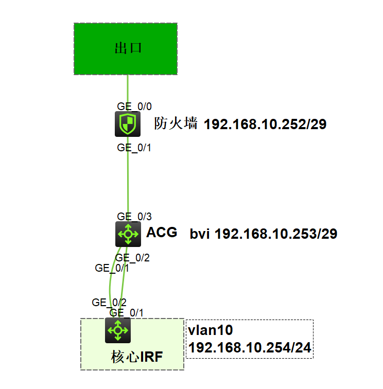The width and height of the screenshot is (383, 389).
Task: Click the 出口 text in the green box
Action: [127, 49]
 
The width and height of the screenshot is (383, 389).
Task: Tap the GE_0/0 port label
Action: [134, 107]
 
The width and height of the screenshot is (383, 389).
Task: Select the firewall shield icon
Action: [127, 124]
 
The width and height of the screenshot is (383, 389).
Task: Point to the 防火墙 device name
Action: [176, 123]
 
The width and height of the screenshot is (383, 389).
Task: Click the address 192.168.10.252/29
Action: [265, 124]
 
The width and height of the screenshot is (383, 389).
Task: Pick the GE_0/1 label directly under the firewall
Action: [134, 148]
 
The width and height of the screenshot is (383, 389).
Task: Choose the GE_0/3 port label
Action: [134, 217]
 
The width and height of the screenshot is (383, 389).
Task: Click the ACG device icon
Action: [128, 234]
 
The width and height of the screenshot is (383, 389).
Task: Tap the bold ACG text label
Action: [162, 233]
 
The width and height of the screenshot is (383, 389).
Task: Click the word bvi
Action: [200, 234]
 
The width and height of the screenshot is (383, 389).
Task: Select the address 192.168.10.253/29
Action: [275, 234]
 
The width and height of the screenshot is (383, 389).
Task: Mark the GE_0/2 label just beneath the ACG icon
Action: [132, 258]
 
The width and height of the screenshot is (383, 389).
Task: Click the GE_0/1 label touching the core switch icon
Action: [127, 312]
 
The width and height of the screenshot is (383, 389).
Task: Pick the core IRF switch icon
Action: [118, 330]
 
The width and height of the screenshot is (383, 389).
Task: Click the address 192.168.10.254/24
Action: [250, 348]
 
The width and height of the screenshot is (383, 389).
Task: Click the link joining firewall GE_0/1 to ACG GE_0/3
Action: [128, 183]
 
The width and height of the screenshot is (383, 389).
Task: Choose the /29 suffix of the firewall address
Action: [315, 124]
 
